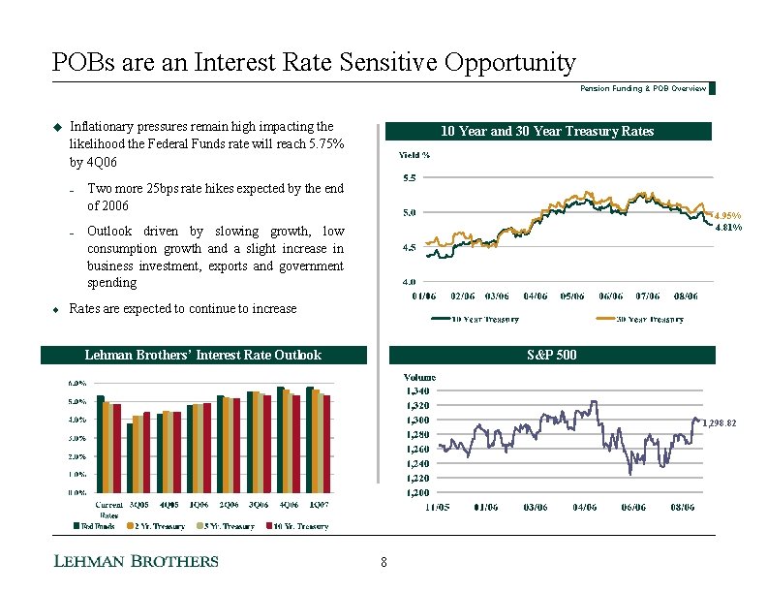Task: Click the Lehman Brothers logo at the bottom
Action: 135,561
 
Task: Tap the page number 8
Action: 383,562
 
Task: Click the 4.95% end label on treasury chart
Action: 727,215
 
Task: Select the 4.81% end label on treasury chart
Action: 727,229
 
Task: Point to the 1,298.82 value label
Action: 721,423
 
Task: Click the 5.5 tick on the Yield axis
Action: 410,177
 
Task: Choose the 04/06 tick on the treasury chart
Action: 536,296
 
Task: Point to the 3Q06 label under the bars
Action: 259,505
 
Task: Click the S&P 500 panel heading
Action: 548,356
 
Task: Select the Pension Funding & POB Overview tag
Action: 643,88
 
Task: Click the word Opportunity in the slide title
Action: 501,63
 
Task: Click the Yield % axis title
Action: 415,154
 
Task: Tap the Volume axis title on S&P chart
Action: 419,376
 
